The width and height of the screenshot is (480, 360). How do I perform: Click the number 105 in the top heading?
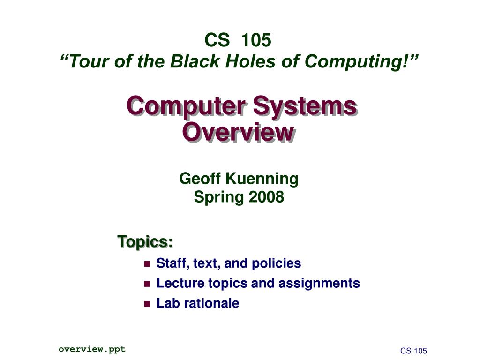pos(256,41)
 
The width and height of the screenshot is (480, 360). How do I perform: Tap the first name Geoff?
pos(201,179)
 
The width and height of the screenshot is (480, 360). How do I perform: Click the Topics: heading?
pos(145,242)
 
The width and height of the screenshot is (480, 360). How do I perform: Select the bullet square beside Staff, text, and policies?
pos(147,264)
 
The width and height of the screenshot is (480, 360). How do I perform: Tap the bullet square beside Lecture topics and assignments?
pos(147,284)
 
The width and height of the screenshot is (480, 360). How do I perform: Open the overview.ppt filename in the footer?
pos(92,349)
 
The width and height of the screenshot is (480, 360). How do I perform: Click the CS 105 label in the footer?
pos(413,351)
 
